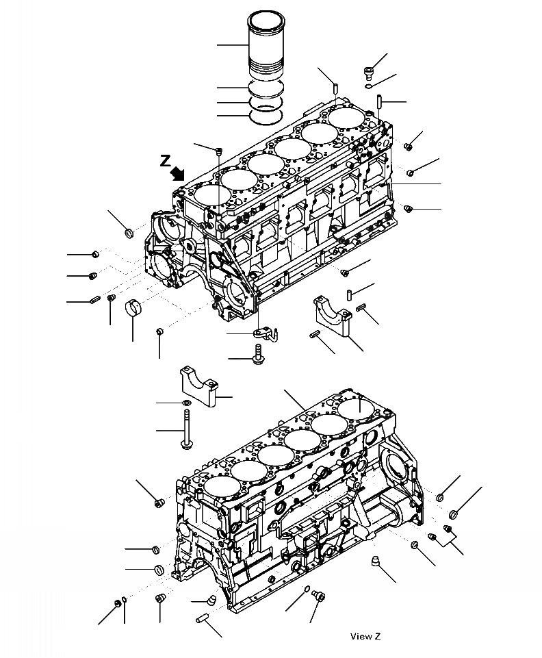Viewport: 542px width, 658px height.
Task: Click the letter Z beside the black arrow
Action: (x=165, y=161)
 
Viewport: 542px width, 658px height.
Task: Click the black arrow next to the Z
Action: (x=179, y=173)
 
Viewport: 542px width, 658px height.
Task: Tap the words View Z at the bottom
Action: (x=365, y=637)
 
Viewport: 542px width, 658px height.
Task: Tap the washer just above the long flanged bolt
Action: (x=187, y=402)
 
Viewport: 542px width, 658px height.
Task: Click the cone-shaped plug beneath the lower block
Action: (x=375, y=561)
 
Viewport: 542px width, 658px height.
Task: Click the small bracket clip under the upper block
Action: (x=263, y=333)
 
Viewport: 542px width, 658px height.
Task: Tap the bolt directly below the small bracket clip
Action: (x=258, y=355)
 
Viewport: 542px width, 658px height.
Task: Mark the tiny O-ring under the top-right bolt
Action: (x=368, y=86)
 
